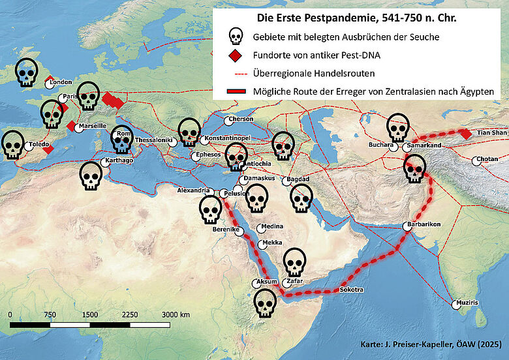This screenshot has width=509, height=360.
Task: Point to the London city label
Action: pos(61,82)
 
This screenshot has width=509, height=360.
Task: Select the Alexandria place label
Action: pos(194,190)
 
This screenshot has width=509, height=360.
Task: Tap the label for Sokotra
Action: pos(351,289)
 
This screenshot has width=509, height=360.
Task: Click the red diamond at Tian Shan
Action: pos(465,134)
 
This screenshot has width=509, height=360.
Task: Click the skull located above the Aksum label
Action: pos(296,262)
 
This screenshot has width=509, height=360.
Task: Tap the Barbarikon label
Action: pos(424,224)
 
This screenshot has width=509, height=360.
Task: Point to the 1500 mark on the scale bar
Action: pos(90,314)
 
